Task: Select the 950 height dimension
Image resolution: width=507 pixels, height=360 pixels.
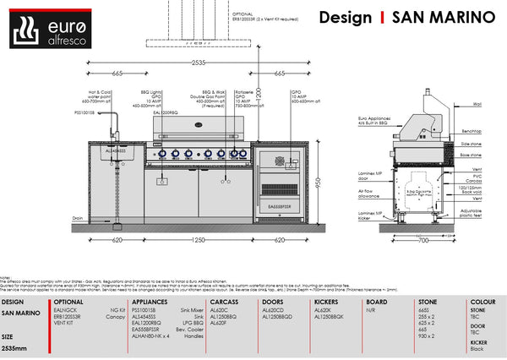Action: (x=319, y=183)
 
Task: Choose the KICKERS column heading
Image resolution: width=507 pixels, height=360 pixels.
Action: (x=329, y=301)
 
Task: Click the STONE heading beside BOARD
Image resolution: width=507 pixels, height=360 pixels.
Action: (x=427, y=301)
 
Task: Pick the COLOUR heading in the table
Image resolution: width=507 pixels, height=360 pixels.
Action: (x=483, y=301)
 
